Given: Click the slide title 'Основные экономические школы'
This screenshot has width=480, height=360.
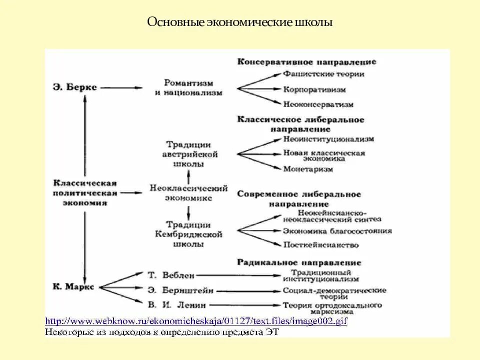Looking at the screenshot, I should pos(240,22).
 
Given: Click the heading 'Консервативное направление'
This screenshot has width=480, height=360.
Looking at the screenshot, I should pos(306,62).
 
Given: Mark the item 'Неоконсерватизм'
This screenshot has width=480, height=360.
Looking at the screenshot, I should pos(318,104).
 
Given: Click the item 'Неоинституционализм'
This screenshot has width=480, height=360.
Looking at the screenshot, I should pos(328,139).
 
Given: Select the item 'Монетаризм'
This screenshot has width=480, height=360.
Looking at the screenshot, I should pos(307,169).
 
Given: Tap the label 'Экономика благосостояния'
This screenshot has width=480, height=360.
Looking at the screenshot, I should pos(337,231).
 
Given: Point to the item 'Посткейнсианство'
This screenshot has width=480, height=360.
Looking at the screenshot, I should pos(320,245).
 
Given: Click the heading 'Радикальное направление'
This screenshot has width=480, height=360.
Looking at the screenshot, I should pos(299,262).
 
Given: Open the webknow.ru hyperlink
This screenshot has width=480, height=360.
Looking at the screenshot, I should pos(196,321).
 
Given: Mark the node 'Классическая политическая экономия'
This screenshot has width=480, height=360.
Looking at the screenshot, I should pos(85,192).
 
